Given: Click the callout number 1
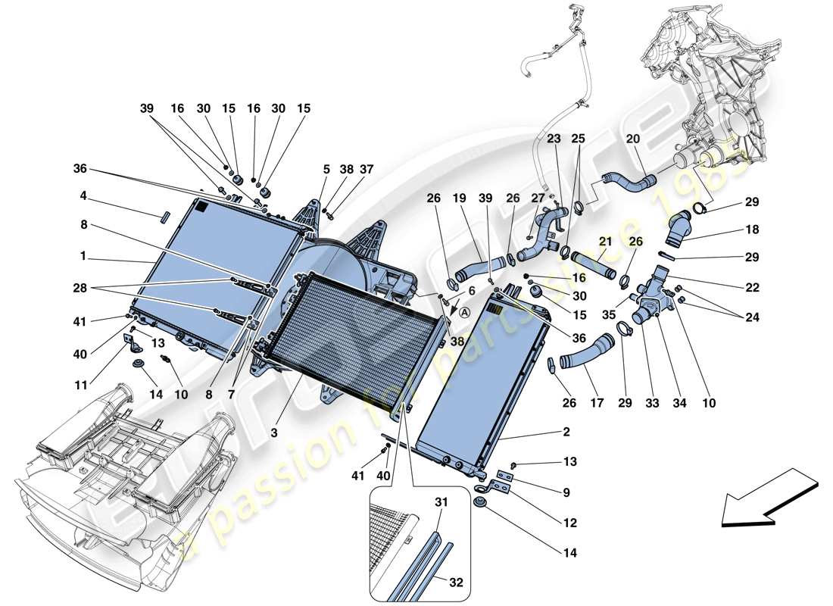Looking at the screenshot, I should click(x=83, y=256).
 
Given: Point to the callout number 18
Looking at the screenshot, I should click(x=751, y=229).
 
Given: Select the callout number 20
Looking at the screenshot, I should click(x=632, y=139).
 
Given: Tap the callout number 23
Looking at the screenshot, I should click(x=554, y=139).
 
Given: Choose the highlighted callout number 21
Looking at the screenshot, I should click(x=605, y=241).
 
